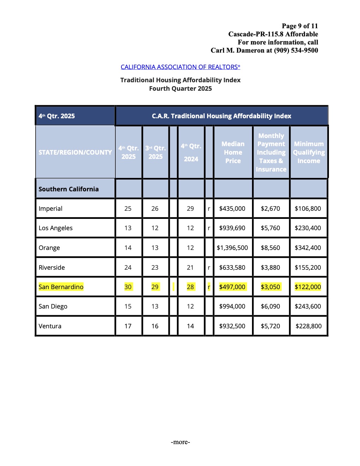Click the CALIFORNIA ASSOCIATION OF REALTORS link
point(180,67)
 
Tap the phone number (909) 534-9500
point(296,50)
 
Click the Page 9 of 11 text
point(300,26)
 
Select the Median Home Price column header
point(233,153)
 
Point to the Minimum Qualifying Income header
point(309,153)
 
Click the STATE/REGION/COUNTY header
point(75,153)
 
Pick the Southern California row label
point(68,189)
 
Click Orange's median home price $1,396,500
point(232,248)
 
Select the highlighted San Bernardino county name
point(61,287)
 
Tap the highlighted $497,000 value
point(232,287)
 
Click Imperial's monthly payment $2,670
point(270,209)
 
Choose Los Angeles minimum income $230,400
point(308,228)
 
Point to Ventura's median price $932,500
point(232,326)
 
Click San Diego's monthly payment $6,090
point(270,306)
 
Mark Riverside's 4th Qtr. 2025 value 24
point(128,268)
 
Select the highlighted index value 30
point(128,287)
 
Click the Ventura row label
point(50,326)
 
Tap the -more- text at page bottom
point(180,442)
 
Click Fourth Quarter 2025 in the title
point(180,89)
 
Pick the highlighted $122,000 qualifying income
point(308,287)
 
